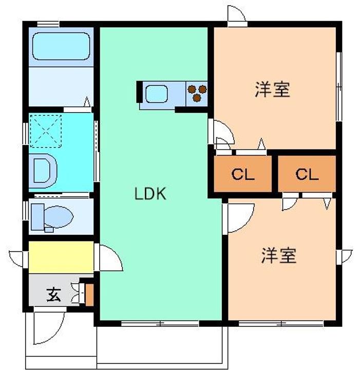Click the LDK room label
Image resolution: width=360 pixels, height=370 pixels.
149,194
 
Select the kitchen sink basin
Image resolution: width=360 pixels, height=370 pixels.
156,94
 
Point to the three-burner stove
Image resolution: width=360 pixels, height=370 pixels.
197,93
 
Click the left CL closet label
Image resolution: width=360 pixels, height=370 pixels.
242,174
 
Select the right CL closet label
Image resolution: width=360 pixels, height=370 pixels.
307,174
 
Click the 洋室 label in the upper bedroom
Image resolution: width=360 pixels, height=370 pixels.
272,89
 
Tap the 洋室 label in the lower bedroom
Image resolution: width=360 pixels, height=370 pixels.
279,255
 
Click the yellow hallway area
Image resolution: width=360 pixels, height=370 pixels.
61,257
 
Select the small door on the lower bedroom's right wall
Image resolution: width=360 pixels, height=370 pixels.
346,255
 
